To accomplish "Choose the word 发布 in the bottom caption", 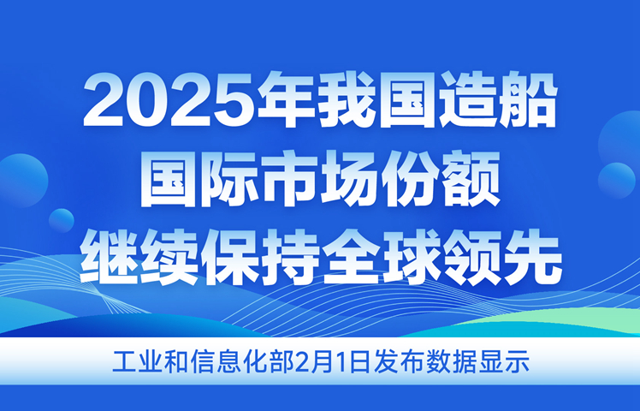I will (399, 361).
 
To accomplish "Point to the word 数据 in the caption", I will (449, 361).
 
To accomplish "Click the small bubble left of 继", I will (62, 220).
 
